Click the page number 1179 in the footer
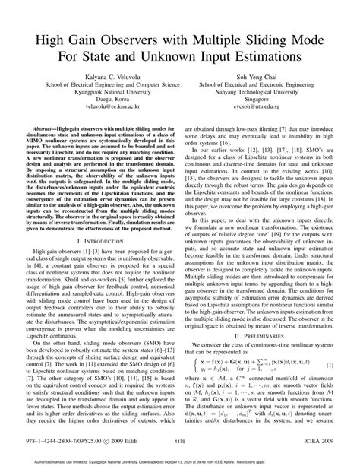180,441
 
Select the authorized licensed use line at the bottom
180,460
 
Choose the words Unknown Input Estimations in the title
217,58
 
